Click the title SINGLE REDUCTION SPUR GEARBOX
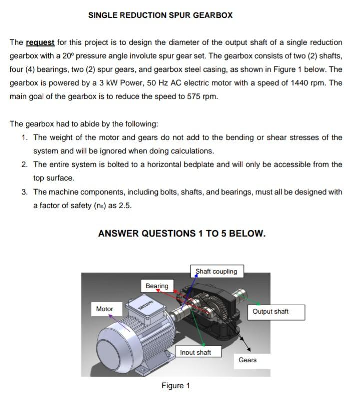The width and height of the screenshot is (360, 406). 160,15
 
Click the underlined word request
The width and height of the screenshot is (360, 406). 40,42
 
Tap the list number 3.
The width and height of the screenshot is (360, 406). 25,191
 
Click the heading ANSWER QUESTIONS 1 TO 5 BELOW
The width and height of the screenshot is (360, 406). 182,233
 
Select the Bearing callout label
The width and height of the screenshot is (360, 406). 157,286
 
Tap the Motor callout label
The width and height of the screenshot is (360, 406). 105,309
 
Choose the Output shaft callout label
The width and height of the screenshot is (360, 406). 270,311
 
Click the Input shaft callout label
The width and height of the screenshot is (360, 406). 195,352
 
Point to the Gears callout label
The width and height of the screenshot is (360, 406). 248,360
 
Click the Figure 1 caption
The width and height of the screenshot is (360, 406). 176,385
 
